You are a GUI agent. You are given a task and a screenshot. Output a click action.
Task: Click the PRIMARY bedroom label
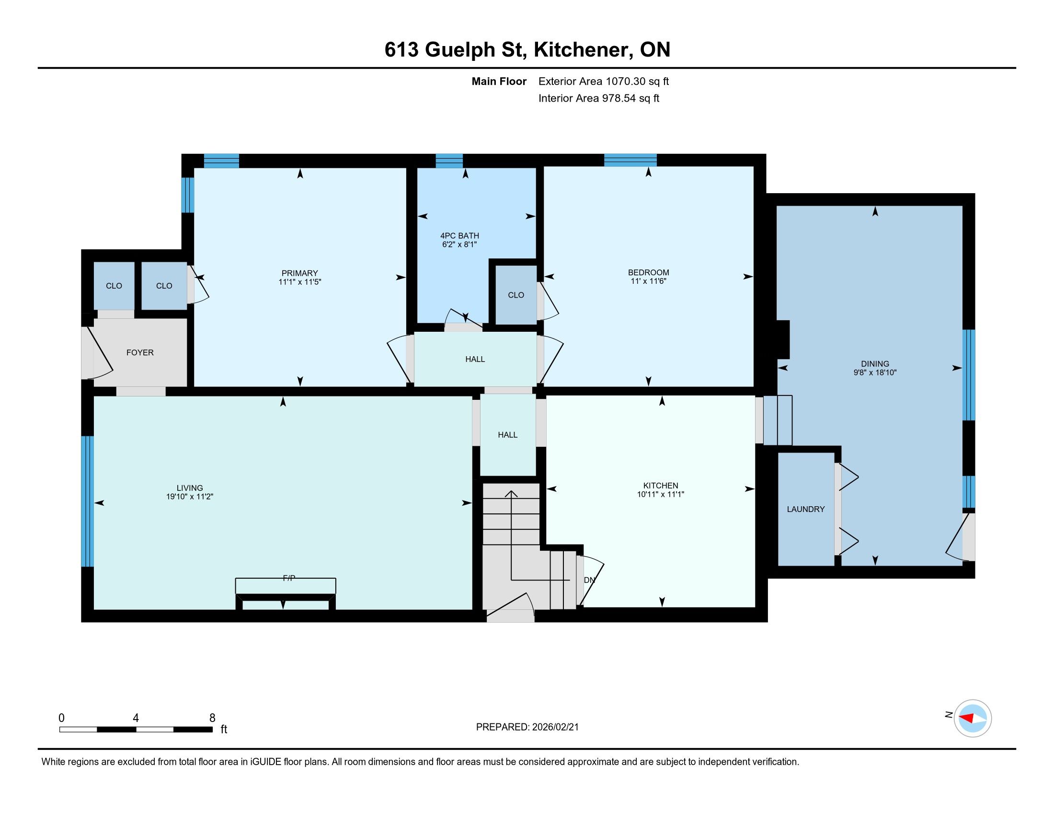[300, 273]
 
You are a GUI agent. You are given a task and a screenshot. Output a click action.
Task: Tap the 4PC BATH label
[459, 235]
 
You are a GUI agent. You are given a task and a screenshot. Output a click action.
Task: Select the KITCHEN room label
[661, 486]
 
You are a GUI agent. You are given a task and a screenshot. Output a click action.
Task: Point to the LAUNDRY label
[805, 509]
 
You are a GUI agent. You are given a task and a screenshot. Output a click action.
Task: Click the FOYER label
[140, 352]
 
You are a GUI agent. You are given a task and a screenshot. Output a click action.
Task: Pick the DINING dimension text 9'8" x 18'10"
[875, 373]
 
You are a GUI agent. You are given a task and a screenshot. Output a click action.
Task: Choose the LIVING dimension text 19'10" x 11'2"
[190, 496]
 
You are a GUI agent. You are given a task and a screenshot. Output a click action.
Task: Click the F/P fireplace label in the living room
[288, 578]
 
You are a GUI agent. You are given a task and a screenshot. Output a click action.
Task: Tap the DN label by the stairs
[589, 580]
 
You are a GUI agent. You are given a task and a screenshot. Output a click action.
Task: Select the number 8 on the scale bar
[212, 718]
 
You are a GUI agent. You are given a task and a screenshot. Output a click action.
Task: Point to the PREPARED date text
[527, 727]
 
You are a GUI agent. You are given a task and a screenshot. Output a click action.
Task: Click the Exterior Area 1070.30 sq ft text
[603, 81]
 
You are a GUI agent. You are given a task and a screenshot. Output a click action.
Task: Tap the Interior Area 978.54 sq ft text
[598, 98]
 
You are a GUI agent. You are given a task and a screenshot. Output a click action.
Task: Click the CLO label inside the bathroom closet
[516, 295]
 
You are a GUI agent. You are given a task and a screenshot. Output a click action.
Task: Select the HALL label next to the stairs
[508, 435]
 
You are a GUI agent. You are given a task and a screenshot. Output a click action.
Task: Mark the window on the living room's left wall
[87, 501]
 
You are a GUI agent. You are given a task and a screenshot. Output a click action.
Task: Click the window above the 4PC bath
[449, 161]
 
